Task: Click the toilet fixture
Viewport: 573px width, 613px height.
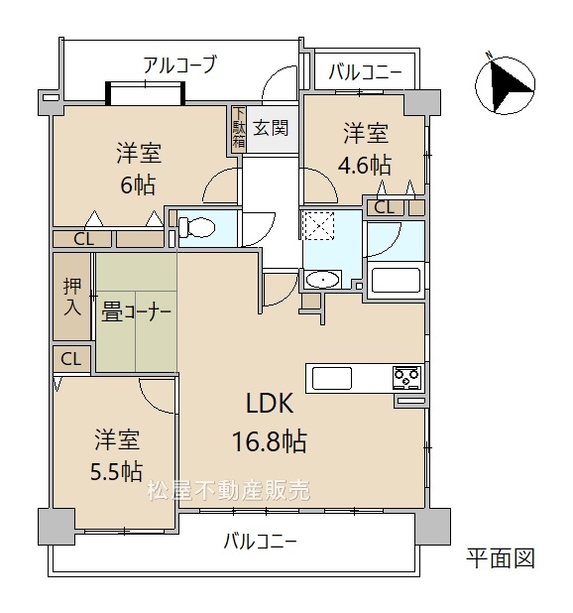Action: coord(196,227)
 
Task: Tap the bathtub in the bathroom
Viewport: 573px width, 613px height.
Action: coord(396,280)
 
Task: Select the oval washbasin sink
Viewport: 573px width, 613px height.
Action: coord(322,280)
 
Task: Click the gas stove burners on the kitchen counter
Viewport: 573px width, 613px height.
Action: coord(407,377)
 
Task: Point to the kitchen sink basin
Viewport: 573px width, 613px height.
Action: coord(332,378)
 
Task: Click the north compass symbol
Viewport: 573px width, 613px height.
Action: coord(505,84)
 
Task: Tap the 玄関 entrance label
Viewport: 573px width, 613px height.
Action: coord(271,128)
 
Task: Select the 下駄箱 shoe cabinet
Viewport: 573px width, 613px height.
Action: coord(239,129)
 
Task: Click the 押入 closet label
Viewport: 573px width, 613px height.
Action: coord(72,297)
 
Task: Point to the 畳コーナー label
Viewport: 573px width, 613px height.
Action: coord(136,312)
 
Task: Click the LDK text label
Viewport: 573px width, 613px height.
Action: coord(270,404)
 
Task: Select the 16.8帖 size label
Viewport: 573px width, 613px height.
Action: coord(270,441)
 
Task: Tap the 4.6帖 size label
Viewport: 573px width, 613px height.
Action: coord(364,165)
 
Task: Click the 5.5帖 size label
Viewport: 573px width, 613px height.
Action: coord(116,471)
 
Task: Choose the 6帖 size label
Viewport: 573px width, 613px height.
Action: coord(138,184)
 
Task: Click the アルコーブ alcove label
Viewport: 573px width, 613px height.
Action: coord(179,64)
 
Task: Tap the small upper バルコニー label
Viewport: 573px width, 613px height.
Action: coord(365,72)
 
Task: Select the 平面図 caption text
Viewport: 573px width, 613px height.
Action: coord(501,557)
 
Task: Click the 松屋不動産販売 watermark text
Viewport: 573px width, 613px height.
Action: coord(229,490)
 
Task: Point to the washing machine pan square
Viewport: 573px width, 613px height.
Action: coord(319,225)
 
